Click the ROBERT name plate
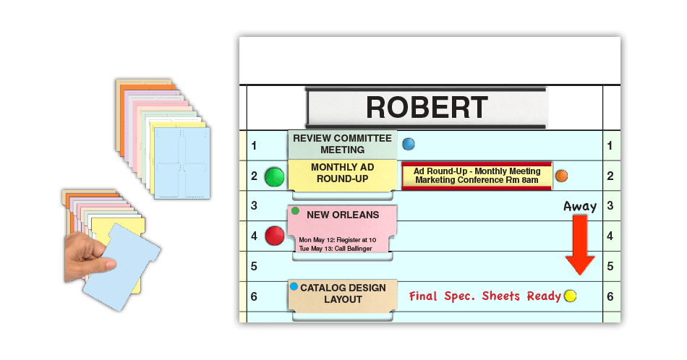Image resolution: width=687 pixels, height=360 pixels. pyautogui.click(x=426, y=107)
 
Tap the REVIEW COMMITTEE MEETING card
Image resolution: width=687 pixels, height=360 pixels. pyautogui.click(x=342, y=144)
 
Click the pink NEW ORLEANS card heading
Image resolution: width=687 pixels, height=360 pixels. pyautogui.click(x=342, y=215)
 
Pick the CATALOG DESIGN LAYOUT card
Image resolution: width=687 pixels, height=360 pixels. pyautogui.click(x=343, y=293)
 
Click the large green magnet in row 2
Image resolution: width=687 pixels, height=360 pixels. pyautogui.click(x=275, y=176)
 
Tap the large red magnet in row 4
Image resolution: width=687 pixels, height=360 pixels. pyautogui.click(x=275, y=236)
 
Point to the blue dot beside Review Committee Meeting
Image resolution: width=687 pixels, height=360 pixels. pyautogui.click(x=409, y=144)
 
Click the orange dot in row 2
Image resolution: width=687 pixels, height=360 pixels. pyautogui.click(x=561, y=176)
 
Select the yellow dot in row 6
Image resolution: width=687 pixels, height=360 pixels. pyautogui.click(x=570, y=296)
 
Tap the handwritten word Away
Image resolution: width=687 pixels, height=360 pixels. pyautogui.click(x=580, y=207)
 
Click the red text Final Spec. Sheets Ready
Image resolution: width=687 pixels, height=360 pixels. pyautogui.click(x=485, y=296)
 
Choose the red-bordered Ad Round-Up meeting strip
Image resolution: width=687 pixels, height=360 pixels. pyautogui.click(x=477, y=176)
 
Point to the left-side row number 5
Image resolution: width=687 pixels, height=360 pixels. pyautogui.click(x=254, y=266)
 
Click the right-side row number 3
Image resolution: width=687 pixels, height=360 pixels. pyautogui.click(x=610, y=205)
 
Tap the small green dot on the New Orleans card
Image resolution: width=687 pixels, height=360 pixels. pyautogui.click(x=295, y=211)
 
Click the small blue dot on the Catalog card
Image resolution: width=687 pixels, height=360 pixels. pyautogui.click(x=294, y=287)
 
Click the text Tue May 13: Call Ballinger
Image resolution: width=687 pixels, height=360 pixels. pyautogui.click(x=335, y=249)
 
